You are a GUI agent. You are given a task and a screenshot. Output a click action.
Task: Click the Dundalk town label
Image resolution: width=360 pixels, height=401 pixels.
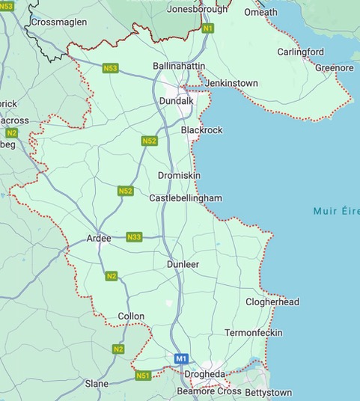(177, 101)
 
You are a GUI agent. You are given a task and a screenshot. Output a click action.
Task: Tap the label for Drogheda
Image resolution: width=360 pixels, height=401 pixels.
(204, 374)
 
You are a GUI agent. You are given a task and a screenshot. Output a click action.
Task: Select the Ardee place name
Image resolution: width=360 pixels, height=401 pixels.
(99, 238)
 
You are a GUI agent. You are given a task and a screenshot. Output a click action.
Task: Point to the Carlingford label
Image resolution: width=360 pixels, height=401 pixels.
(301, 52)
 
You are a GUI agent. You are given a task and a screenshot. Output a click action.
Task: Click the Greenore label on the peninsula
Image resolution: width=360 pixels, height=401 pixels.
(334, 68)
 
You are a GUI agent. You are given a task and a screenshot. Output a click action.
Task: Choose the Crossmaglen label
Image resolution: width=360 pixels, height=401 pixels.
(58, 22)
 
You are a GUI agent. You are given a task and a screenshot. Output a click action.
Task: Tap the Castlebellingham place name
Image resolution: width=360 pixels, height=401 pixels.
(186, 198)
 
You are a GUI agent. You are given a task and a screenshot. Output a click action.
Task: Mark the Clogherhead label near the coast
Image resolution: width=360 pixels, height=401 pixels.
(272, 302)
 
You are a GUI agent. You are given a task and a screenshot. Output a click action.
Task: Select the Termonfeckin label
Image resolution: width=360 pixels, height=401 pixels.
(254, 332)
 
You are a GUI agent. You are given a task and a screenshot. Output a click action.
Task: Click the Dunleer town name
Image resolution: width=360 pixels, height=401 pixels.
(183, 265)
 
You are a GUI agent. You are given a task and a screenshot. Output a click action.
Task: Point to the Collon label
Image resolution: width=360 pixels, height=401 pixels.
(131, 316)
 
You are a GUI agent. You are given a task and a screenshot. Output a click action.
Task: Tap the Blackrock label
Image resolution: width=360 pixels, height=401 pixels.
(202, 130)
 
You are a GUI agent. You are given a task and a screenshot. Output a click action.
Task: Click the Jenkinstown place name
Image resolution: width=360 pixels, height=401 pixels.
(232, 83)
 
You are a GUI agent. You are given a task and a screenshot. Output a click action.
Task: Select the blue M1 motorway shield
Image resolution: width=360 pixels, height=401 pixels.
(181, 359)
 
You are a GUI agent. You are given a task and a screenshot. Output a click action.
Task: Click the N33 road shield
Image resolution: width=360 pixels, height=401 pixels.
(134, 237)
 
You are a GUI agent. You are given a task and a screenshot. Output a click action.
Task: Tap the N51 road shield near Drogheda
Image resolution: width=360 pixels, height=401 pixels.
(143, 375)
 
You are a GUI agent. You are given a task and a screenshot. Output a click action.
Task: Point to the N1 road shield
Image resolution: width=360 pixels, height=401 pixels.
(208, 28)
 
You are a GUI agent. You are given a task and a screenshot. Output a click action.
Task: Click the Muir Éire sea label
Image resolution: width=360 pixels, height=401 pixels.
(336, 212)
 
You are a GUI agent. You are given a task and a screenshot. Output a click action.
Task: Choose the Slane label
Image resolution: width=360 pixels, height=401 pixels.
(97, 384)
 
